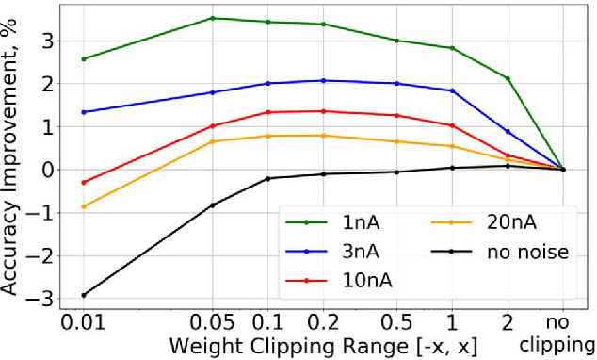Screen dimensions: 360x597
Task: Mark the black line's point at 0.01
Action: (84, 295)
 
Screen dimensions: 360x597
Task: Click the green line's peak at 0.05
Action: (212, 18)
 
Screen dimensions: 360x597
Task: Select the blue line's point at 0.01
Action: (84, 112)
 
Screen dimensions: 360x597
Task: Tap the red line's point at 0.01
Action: (84, 182)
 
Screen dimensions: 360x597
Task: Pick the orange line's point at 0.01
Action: (84, 206)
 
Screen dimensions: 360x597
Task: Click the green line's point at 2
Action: (508, 78)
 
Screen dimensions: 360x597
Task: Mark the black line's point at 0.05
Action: (212, 205)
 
